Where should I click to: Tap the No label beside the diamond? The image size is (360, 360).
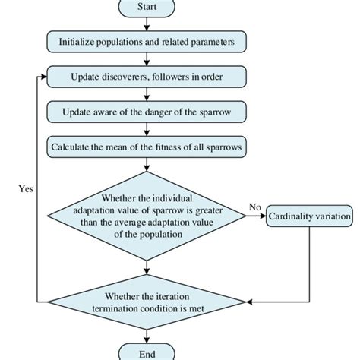256,207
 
